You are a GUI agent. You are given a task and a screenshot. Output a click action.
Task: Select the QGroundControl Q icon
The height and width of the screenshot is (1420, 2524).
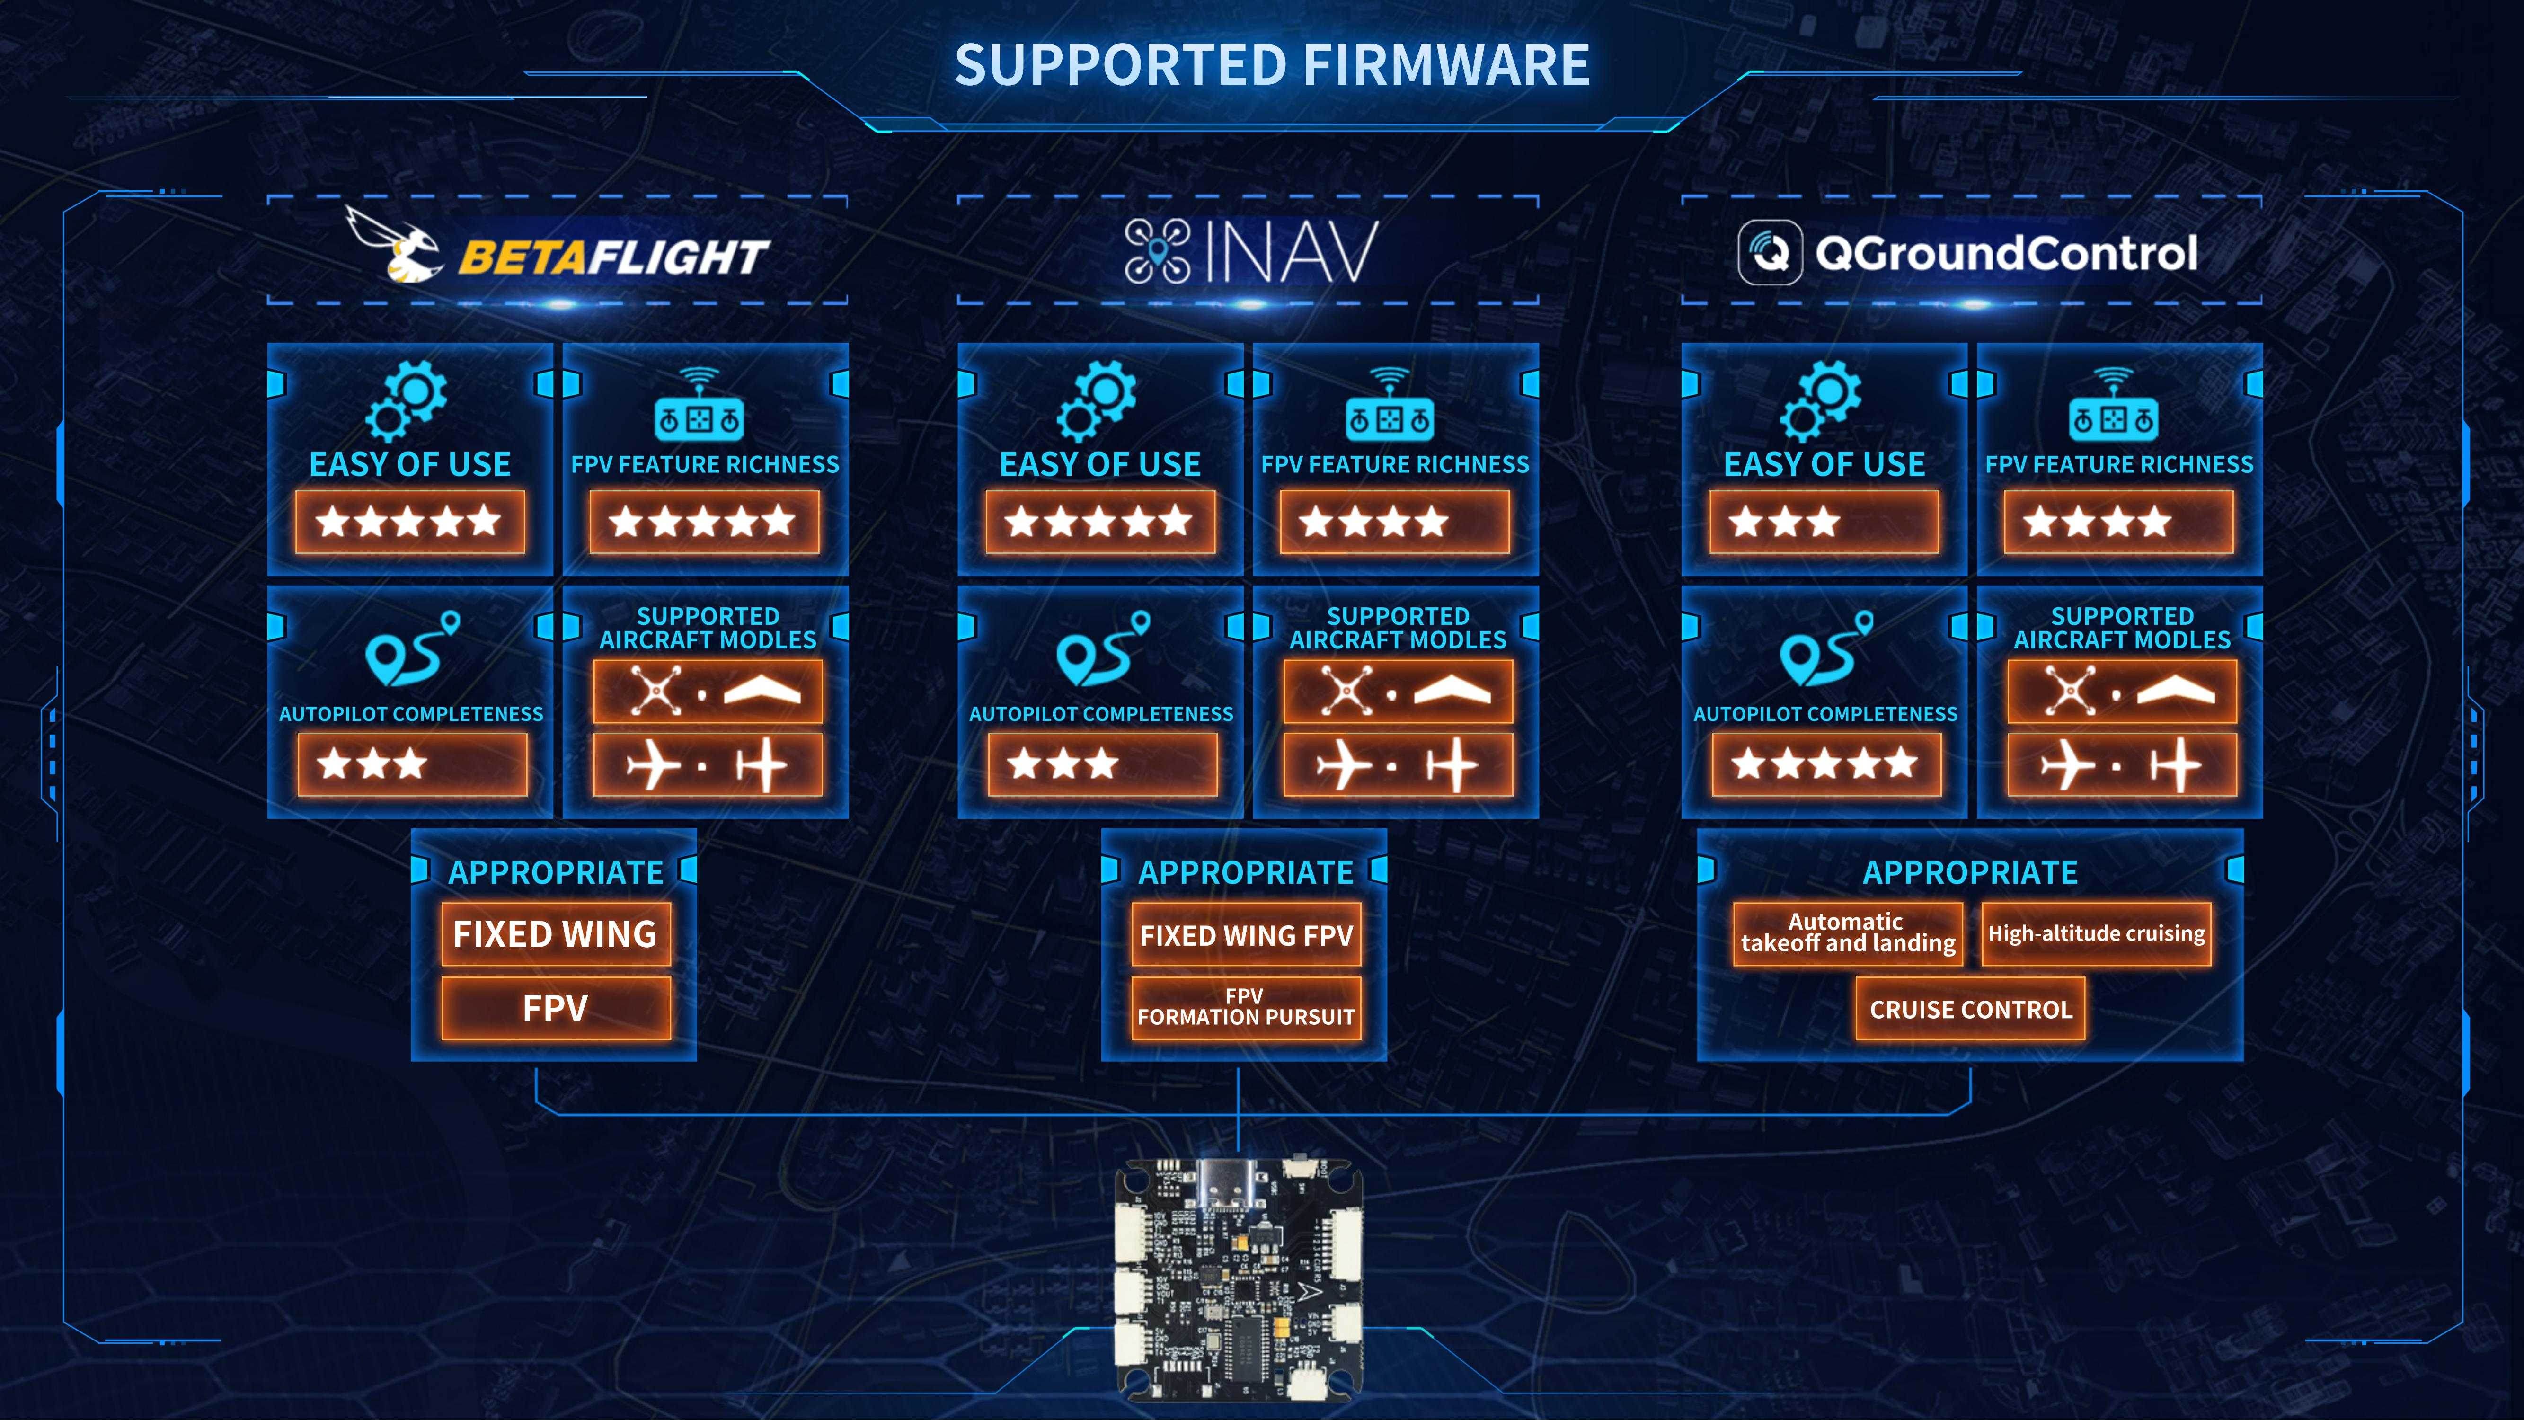[x=1770, y=253]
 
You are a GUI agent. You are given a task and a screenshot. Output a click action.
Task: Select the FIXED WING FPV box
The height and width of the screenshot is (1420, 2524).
[x=1245, y=936]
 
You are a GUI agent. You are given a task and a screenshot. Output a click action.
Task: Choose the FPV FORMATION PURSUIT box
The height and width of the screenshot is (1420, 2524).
[x=1245, y=1007]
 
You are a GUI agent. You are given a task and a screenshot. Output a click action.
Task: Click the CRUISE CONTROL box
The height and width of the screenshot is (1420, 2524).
[x=1970, y=1010]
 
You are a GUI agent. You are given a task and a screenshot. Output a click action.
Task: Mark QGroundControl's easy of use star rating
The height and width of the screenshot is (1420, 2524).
[x=1824, y=521]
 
